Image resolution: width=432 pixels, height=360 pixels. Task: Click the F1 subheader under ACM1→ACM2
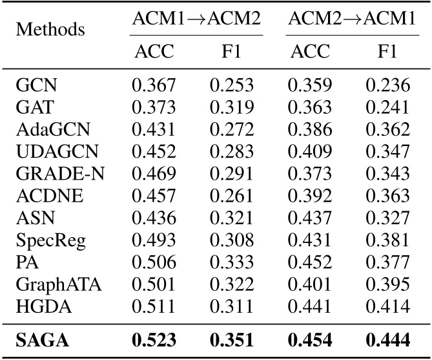click(231, 52)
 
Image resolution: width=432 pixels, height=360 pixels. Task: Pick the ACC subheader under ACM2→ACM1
click(307, 52)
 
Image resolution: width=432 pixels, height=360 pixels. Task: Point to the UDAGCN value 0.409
click(307, 149)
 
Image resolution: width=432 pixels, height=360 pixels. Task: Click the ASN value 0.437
click(307, 211)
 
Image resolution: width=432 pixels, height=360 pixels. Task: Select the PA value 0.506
click(154, 253)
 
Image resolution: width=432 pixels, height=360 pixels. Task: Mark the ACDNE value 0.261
click(231, 191)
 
